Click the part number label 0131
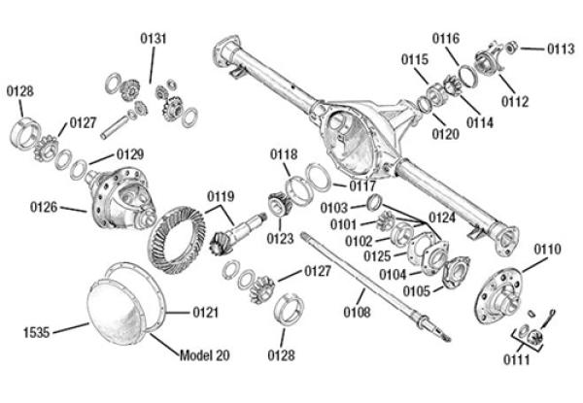tap(154, 38)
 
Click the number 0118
tap(284, 154)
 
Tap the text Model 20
tap(208, 351)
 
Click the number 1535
tap(37, 331)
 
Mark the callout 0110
tap(547, 250)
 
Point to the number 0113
tap(560, 48)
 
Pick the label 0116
tap(446, 38)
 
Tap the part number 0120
tap(446, 134)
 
